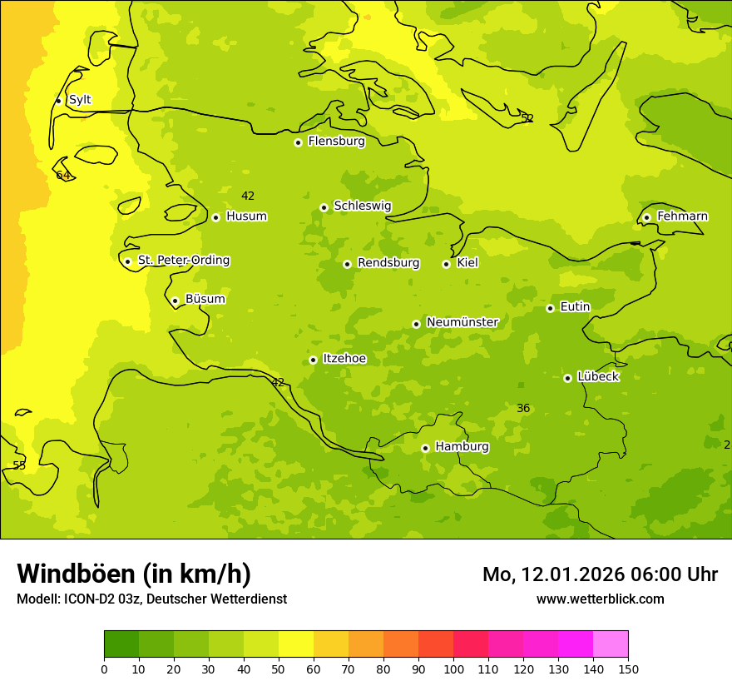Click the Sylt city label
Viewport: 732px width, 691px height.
(80, 100)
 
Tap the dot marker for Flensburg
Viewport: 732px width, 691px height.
(298, 142)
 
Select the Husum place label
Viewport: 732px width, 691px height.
(246, 216)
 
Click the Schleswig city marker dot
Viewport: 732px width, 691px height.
(324, 207)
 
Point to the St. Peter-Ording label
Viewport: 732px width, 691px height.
(183, 261)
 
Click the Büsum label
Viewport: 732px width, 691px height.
(205, 299)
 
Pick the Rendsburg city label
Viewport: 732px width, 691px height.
(388, 263)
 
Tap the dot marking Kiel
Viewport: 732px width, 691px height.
(446, 264)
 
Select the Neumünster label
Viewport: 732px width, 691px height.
(462, 322)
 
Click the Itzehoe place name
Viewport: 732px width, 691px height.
(344, 359)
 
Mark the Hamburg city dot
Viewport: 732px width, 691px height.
(425, 448)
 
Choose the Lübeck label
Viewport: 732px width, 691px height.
(597, 376)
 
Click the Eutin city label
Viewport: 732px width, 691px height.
(575, 306)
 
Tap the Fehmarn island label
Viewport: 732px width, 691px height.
(682, 216)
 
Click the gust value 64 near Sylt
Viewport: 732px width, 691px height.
(63, 175)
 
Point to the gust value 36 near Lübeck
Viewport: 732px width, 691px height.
(523, 408)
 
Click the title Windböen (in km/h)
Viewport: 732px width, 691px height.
(134, 574)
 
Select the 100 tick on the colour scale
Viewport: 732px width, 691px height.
(453, 669)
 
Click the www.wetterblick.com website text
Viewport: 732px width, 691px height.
(600, 599)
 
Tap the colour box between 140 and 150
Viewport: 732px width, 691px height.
(611, 644)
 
